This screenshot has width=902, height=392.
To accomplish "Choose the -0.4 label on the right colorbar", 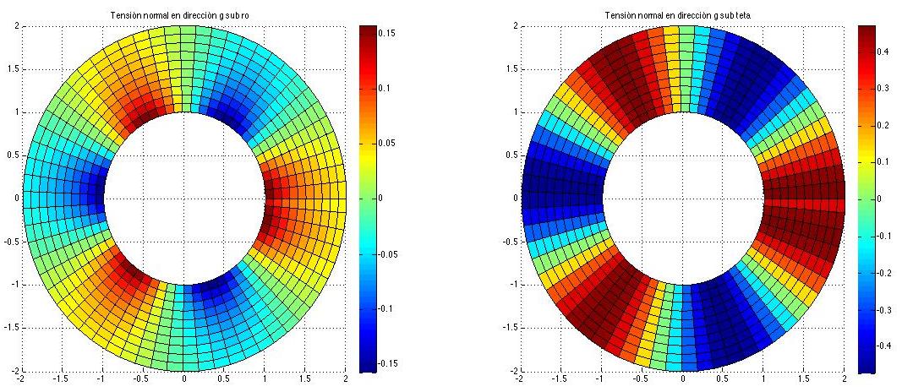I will tap(888, 346).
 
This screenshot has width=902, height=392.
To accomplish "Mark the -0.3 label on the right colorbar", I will tap(888, 309).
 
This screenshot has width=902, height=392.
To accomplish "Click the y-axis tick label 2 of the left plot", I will tap(18, 26).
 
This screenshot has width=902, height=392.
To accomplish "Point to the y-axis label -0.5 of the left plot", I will tap(13, 242).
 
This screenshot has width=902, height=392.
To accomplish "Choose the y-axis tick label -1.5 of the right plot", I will tap(506, 328).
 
